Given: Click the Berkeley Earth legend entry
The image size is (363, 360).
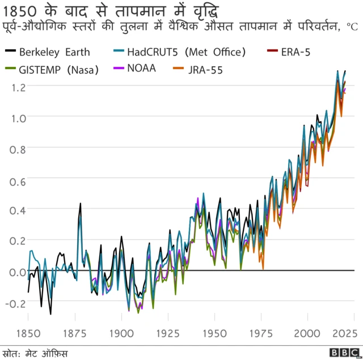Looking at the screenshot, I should tap(54, 52).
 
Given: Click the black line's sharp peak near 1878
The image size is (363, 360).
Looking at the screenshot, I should tap(81, 203).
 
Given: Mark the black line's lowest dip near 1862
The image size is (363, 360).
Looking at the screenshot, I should tap(50, 314).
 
